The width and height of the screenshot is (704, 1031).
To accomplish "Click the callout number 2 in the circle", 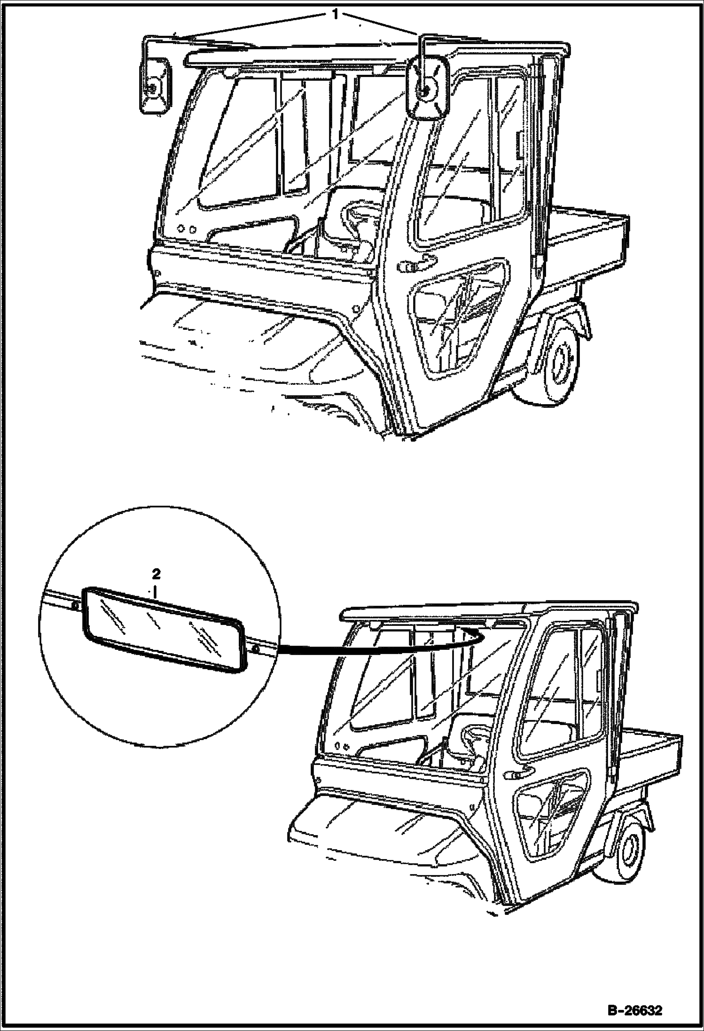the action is (156, 574).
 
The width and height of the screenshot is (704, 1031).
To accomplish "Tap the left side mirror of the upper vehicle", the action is (154, 85).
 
